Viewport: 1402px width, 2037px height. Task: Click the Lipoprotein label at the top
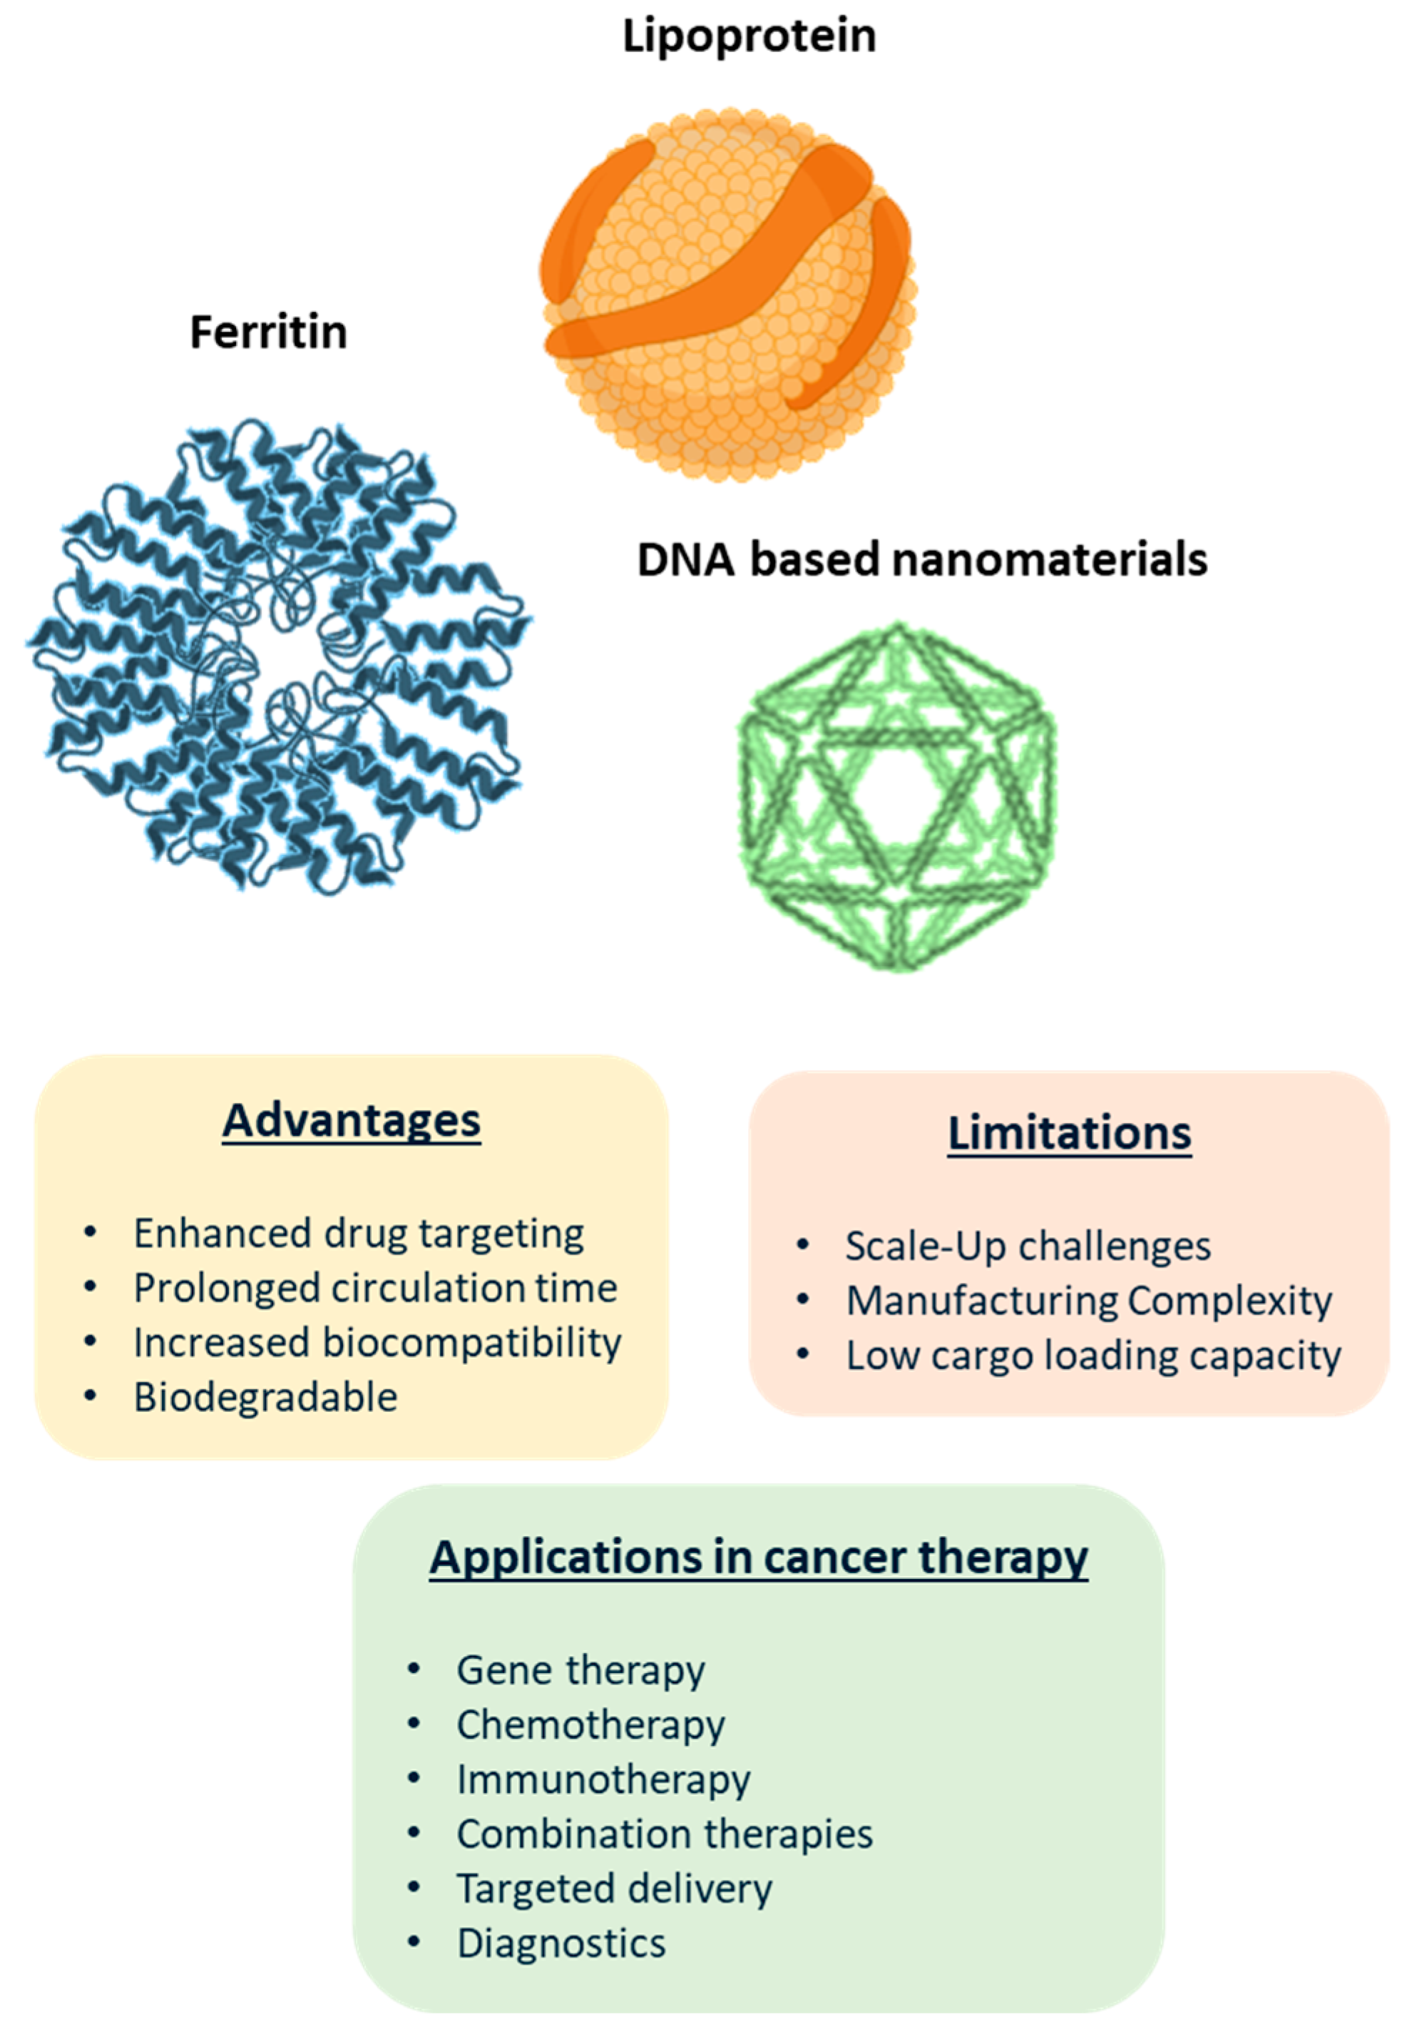click(749, 38)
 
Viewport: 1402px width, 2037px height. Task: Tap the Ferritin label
click(269, 333)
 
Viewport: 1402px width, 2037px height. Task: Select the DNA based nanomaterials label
click(921, 560)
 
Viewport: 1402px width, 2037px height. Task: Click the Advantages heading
click(352, 1120)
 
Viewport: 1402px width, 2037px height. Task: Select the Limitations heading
click(1069, 1133)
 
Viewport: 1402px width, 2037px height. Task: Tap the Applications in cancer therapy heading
click(759, 1558)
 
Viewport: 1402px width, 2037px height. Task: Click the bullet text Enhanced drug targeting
click(359, 1233)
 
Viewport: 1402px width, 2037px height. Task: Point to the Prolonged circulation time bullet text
click(375, 1289)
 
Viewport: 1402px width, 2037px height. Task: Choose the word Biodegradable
click(265, 1397)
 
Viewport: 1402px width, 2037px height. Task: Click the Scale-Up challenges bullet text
click(1028, 1246)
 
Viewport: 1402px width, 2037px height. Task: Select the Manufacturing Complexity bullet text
click(1089, 1301)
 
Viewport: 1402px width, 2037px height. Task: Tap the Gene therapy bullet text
click(580, 1670)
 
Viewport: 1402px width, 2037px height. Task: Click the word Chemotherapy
click(590, 1725)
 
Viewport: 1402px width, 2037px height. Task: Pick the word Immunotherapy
click(603, 1779)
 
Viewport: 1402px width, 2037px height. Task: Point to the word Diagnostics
click(561, 1943)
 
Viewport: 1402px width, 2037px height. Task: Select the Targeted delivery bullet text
click(614, 1889)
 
